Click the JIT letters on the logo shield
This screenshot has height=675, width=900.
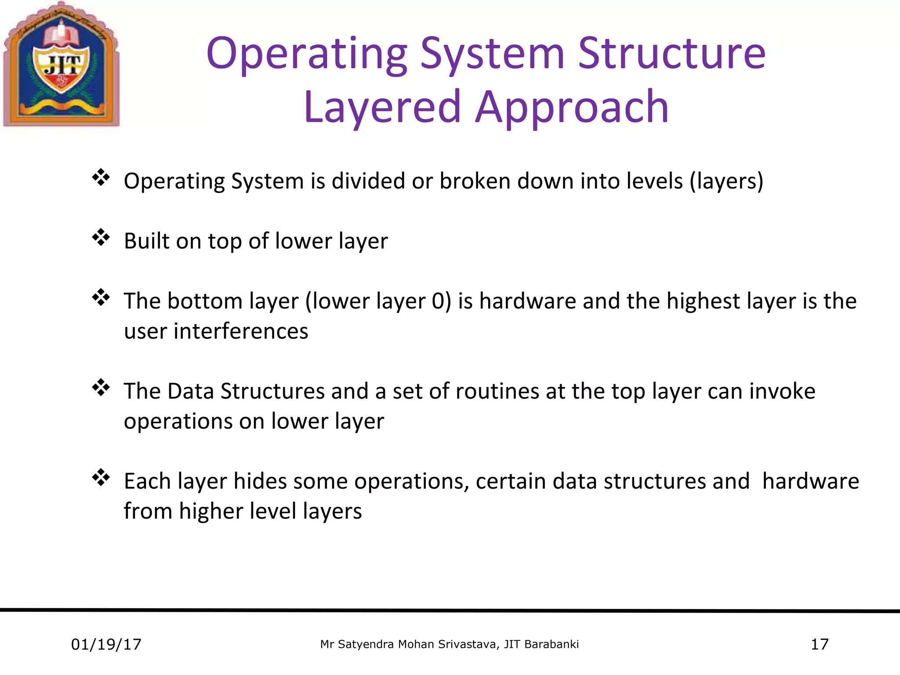click(62, 66)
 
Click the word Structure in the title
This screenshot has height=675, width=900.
click(671, 54)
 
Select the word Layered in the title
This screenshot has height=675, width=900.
click(382, 107)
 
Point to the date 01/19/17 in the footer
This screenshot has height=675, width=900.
click(106, 644)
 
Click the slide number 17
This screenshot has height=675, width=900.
click(819, 644)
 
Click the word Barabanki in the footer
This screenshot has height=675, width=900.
click(552, 644)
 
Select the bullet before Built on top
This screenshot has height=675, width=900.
click(101, 238)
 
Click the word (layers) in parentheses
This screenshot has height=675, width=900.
click(726, 181)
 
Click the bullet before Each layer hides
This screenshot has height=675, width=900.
click(101, 478)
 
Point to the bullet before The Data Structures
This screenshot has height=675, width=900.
click(101, 388)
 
